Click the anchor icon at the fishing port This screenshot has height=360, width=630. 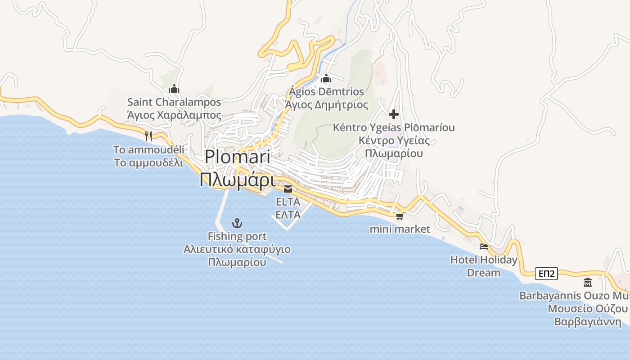point(237,223)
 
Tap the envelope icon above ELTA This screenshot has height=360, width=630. point(288,189)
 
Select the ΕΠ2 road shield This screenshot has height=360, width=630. point(546,274)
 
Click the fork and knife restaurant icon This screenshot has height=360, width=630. point(148,135)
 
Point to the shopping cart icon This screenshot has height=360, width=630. point(399,216)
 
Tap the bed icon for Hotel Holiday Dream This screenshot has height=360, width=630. point(484,246)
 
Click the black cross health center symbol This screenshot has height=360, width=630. point(394,114)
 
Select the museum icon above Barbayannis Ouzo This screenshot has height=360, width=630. point(587,283)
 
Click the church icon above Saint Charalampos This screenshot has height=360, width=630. point(174,89)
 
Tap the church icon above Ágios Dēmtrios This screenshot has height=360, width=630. point(326,79)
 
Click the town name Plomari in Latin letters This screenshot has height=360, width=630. point(237,157)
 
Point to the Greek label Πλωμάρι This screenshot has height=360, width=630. point(237,180)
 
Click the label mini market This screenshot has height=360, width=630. point(400,229)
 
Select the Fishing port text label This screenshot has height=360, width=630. point(237,236)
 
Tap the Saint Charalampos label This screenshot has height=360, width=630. point(174,102)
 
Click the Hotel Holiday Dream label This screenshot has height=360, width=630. point(484,266)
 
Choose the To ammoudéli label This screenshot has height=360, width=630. point(148,149)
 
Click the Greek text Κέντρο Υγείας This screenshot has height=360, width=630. point(394,140)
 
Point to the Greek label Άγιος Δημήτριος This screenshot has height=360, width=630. point(327,105)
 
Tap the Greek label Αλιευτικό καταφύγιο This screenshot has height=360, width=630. point(237,249)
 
